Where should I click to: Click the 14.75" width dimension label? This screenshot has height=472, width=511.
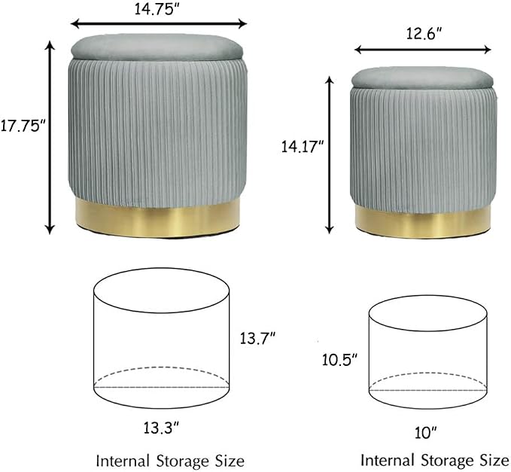157,9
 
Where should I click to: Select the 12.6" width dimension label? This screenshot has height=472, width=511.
424,33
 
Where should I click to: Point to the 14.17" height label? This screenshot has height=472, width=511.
302,147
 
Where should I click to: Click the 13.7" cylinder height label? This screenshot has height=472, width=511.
258,338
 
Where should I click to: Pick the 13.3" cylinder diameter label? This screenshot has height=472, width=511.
161,428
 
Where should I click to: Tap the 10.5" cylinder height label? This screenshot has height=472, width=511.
339,360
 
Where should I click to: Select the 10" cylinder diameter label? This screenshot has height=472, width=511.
426,433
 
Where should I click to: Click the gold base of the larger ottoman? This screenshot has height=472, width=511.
158,218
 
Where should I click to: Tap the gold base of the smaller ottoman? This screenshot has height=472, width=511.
423,223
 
